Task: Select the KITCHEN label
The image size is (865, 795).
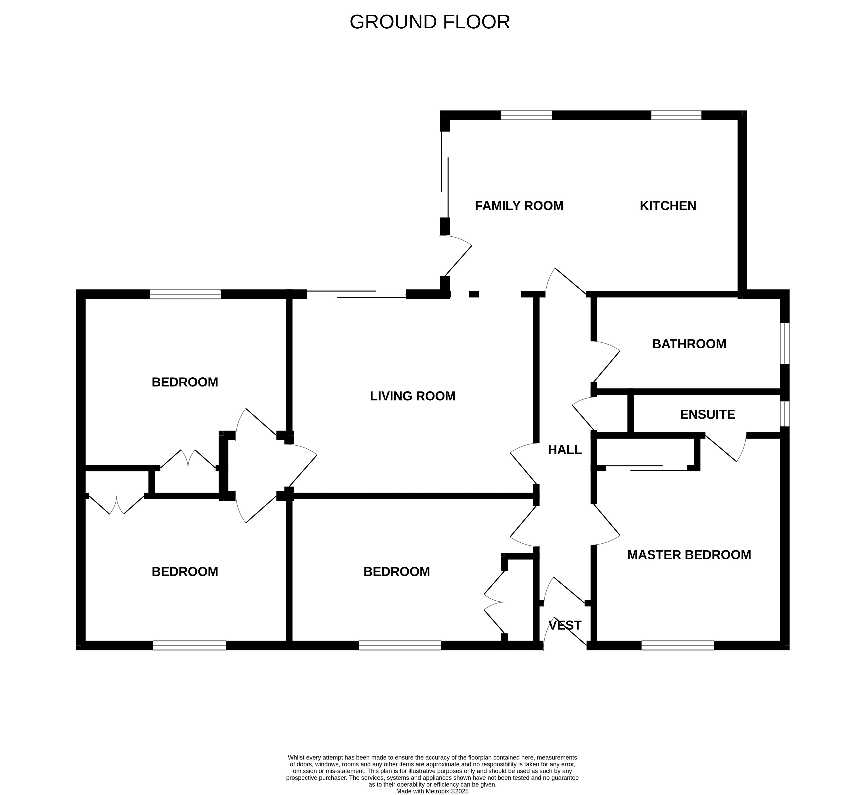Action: (x=668, y=206)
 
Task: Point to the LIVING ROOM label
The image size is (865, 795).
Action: (x=412, y=396)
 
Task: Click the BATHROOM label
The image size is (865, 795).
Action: (x=689, y=344)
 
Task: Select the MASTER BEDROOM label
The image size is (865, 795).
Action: (x=689, y=555)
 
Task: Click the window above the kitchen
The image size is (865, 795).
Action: (x=676, y=115)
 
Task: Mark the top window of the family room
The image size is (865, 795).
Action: (x=526, y=115)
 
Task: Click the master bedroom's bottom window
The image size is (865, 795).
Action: (x=678, y=645)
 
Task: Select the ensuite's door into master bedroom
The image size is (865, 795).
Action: (x=727, y=447)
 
